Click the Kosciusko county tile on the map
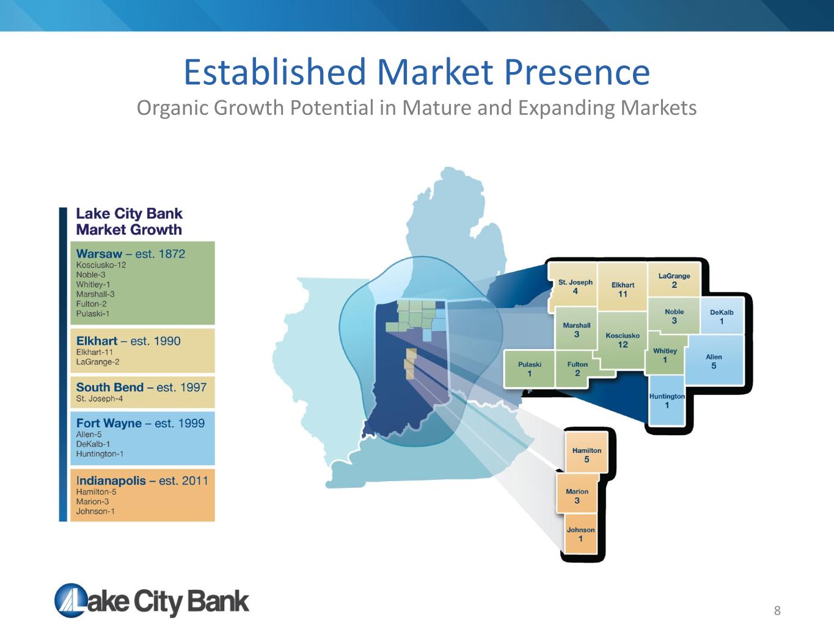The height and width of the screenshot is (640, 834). coord(623,340)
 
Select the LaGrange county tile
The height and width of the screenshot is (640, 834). coord(674,280)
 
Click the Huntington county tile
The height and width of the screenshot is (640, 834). coord(667,400)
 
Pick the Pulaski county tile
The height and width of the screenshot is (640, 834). coord(529,369)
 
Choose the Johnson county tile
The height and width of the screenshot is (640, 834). coord(580,534)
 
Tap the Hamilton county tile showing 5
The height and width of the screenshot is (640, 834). coord(587,454)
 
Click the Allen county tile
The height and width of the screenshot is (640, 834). coord(714,361)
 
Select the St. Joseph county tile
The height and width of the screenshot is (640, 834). coord(574,287)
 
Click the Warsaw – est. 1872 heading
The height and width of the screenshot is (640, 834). coord(131,254)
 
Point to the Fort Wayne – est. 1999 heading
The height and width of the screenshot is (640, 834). coord(141,423)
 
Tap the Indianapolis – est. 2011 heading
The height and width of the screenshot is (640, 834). coord(142,480)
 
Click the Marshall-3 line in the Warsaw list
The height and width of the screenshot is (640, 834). coord(95,294)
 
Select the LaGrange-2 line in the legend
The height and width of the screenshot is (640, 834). coord(98,362)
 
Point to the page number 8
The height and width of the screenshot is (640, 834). coord(777,611)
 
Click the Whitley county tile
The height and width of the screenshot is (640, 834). coord(665,355)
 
